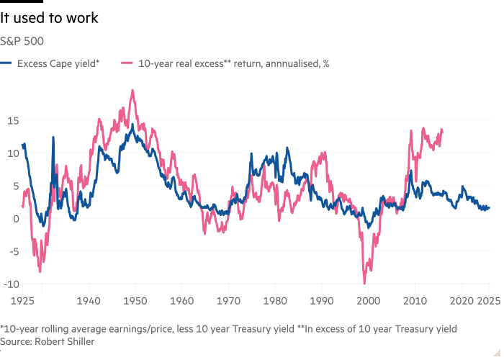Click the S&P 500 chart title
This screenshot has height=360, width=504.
click(x=22, y=40)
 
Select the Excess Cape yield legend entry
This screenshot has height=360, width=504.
click(x=58, y=63)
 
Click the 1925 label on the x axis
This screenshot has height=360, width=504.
click(x=23, y=297)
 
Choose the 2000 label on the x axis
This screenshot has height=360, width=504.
click(x=368, y=297)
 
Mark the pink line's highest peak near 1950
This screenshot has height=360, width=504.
click(x=132, y=91)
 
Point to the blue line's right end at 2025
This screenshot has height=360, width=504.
click(x=489, y=208)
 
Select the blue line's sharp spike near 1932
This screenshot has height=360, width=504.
click(x=53, y=136)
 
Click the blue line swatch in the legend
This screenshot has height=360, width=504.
click(x=7, y=63)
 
